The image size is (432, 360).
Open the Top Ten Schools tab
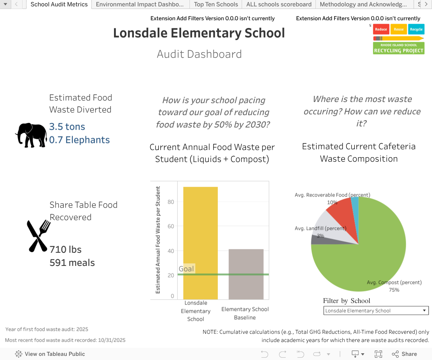[x=216, y=4]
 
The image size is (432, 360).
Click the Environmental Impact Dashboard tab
[x=140, y=4]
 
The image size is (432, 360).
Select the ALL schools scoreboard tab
[x=279, y=4]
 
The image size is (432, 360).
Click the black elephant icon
[x=31, y=135]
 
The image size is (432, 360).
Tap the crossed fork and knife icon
[x=38, y=235]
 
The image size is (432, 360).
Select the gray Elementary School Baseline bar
[x=246, y=274]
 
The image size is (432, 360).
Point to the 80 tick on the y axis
[x=171, y=202]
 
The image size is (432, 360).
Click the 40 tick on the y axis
[x=171, y=251]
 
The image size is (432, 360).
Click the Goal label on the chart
[x=186, y=269]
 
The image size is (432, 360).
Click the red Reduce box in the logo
[x=381, y=29]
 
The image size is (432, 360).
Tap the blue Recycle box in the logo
[x=416, y=29]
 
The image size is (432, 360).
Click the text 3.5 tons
[x=67, y=127]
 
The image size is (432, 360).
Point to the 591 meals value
[x=72, y=262]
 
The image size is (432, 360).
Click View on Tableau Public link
[x=50, y=354]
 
